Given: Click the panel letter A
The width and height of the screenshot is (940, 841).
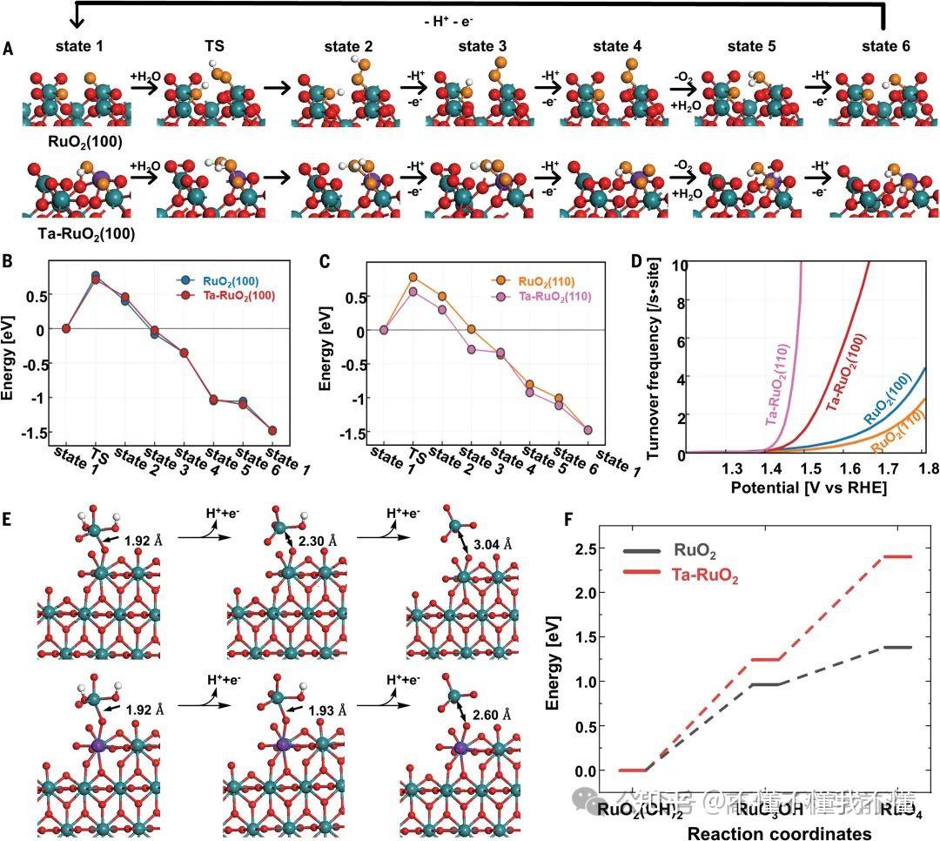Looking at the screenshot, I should [x=8, y=51].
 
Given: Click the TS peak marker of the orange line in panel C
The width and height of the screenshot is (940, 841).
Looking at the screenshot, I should [x=413, y=277].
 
